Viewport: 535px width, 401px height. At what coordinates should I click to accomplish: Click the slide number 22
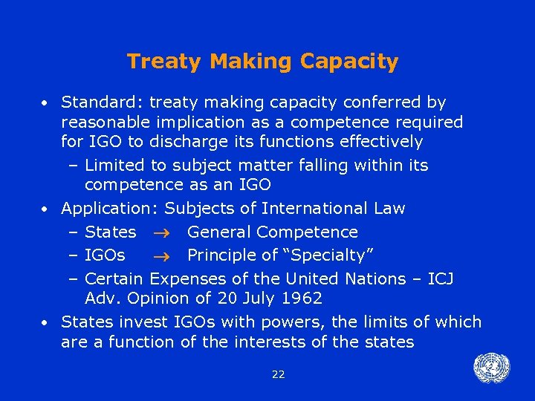[x=278, y=374]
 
